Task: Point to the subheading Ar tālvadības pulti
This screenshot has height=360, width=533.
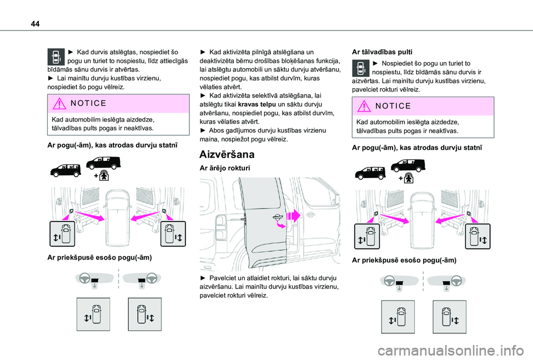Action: pyautogui.click(x=382, y=51)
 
